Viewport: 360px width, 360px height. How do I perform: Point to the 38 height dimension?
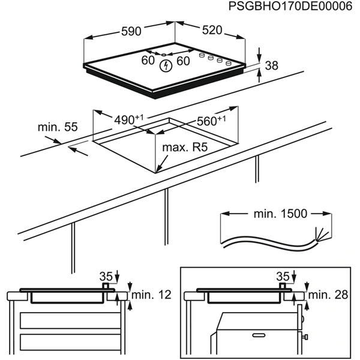[271, 67]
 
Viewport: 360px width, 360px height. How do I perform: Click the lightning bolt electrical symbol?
[165, 66]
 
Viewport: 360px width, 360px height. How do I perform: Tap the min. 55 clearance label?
[58, 127]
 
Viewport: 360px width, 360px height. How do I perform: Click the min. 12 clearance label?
[151, 295]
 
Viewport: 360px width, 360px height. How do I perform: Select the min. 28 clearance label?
[328, 295]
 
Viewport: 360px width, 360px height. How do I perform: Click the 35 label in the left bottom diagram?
[106, 277]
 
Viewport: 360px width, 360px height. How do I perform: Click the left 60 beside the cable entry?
[148, 61]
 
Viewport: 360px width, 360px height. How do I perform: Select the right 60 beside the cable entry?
[183, 61]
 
